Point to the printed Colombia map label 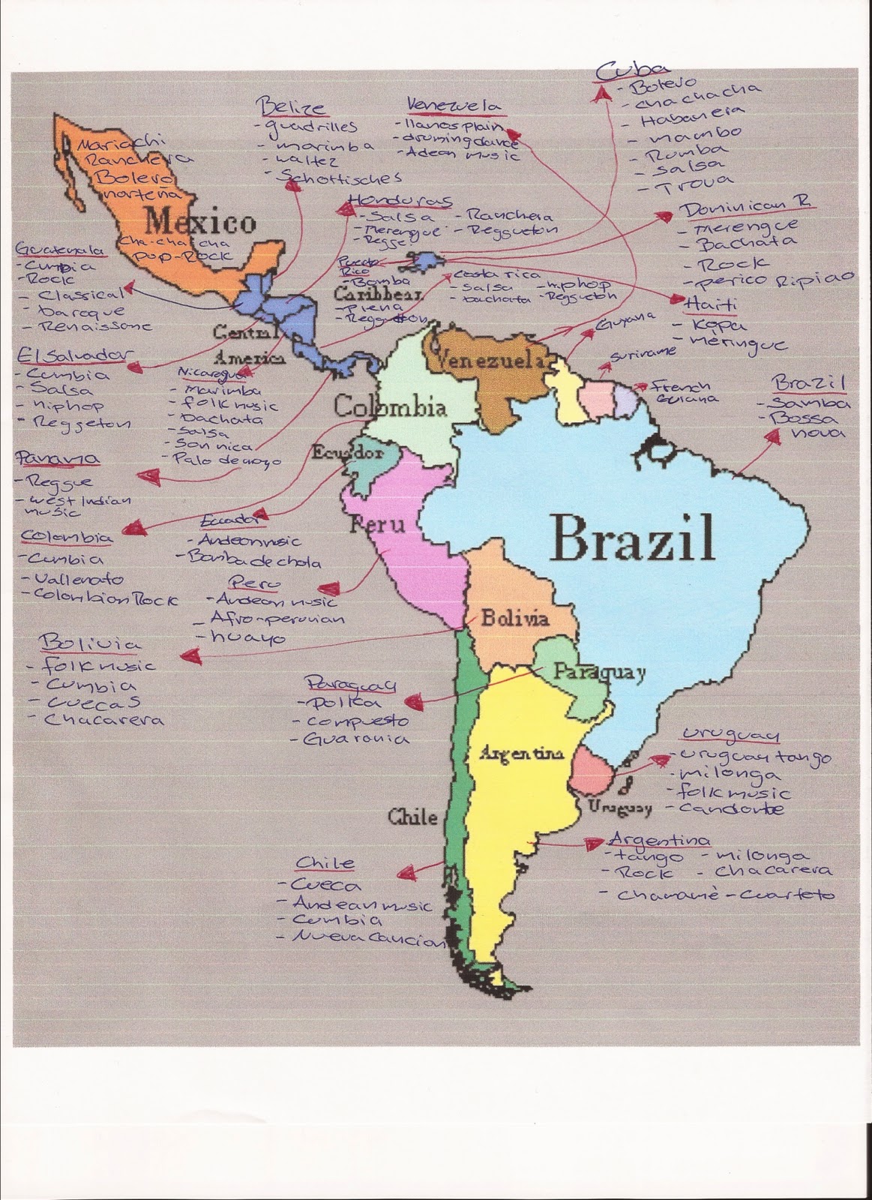[x=390, y=408]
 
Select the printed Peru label [x=376, y=523]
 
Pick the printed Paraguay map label [x=599, y=673]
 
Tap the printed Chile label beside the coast [x=412, y=817]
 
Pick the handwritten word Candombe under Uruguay [x=733, y=808]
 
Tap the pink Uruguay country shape [x=592, y=772]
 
